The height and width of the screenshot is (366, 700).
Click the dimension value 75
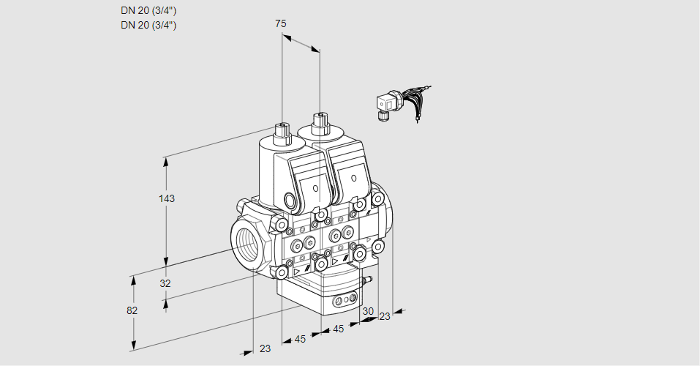click(281, 23)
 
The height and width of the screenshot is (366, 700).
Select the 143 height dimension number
click(168, 198)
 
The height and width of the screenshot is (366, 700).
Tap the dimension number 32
click(165, 283)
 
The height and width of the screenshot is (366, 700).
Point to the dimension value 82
click(132, 310)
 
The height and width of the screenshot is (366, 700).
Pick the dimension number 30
click(368, 311)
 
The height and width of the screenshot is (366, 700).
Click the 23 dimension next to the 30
click(385, 316)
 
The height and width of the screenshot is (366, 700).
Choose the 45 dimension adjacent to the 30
click(339, 329)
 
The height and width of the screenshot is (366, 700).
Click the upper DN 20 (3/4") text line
click(148, 10)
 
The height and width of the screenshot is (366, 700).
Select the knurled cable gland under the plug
click(382, 115)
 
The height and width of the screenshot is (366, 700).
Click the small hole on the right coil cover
click(353, 179)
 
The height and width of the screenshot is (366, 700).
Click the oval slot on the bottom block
click(343, 301)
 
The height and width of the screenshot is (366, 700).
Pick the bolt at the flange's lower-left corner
click(282, 272)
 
